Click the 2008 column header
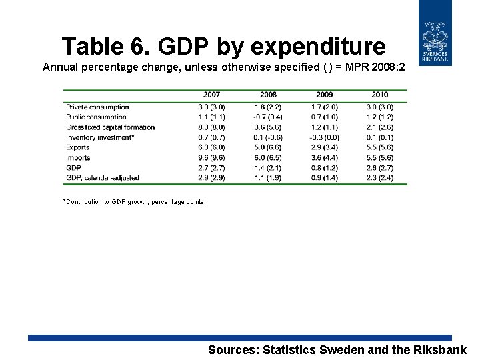pos(268,95)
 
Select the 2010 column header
pos(379,95)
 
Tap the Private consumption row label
pos(97,107)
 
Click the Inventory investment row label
pos(100,137)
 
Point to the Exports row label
pos(78,147)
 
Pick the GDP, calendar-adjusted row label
pos(103,178)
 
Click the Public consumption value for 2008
pos(268,117)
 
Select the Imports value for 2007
pos(212,158)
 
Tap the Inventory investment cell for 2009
pos(324,137)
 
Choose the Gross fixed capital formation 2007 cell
pos(212,127)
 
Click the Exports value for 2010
pos(379,147)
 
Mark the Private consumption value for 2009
pos(324,107)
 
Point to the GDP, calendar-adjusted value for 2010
pos(379,178)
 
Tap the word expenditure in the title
pos(301,47)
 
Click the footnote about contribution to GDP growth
pos(133,202)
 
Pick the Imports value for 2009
pos(324,158)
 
